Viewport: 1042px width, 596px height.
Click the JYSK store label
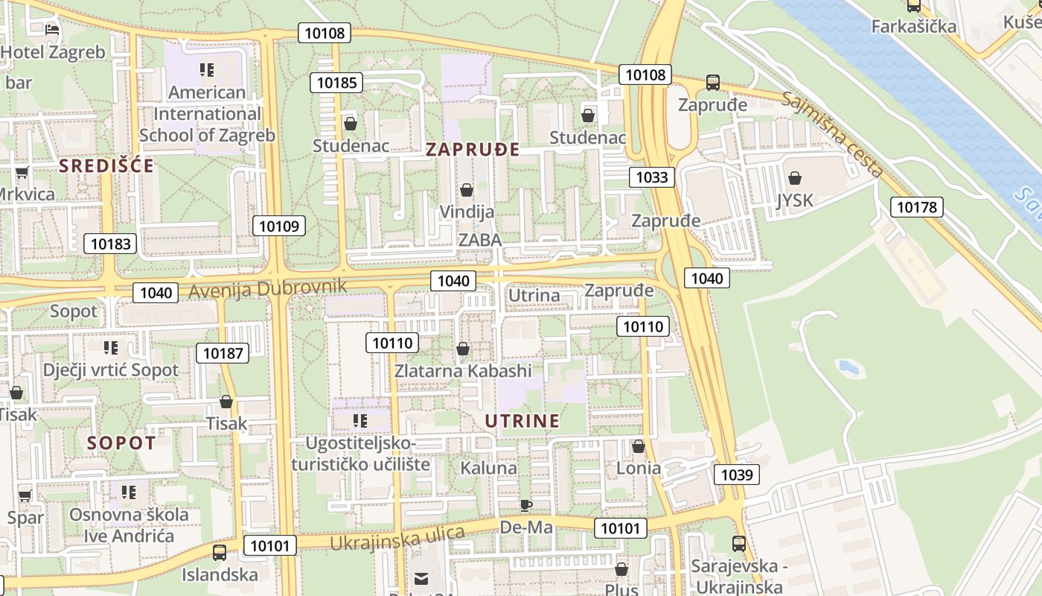coord(795,200)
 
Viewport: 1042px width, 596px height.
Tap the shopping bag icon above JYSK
coord(795,178)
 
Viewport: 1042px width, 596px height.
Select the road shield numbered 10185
coord(336,83)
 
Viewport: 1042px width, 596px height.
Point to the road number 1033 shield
coord(652,177)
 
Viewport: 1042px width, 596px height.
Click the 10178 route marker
coord(917,207)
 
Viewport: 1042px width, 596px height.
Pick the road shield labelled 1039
coord(737,475)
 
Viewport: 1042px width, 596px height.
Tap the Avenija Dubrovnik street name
coord(268,288)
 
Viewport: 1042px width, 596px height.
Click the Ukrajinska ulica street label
coord(397,538)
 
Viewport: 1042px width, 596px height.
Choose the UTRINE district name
coord(522,421)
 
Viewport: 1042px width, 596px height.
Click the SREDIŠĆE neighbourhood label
coord(106,165)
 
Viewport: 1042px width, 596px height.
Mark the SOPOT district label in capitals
coord(121,443)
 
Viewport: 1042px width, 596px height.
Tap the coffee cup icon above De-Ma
coord(526,506)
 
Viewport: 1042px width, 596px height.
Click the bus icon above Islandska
coord(220,553)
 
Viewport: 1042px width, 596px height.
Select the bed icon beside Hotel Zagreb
coord(51,30)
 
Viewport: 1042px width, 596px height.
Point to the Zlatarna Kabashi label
coord(463,370)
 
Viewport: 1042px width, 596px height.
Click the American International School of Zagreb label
coord(207,113)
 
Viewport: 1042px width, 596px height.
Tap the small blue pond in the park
coord(847,367)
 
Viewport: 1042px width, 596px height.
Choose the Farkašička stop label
coord(913,27)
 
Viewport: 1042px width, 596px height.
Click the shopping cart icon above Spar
coord(25,495)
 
